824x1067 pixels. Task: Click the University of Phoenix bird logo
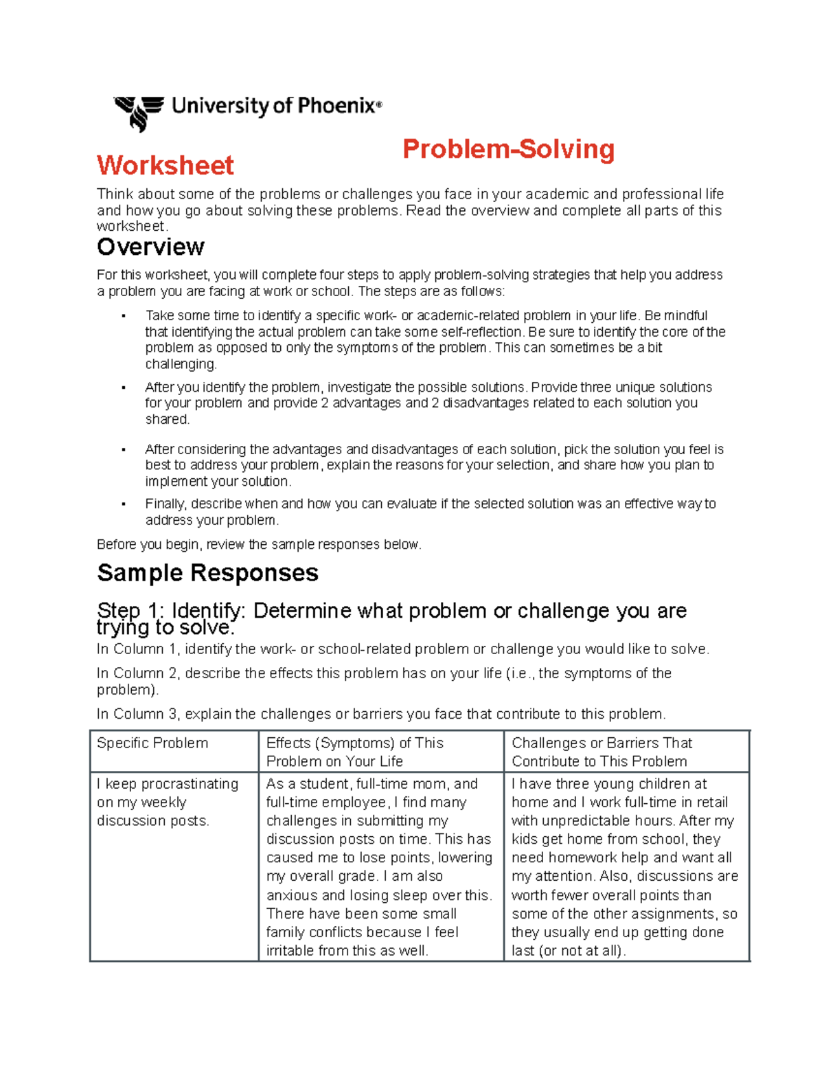(139, 112)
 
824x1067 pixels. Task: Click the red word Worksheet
(165, 166)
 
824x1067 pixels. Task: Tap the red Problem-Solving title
(508, 149)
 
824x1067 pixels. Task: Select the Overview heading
(150, 247)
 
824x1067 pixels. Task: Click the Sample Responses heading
(207, 572)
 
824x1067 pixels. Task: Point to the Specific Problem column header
(152, 743)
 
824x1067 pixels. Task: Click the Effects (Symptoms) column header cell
(355, 752)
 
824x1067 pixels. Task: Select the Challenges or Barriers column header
(602, 752)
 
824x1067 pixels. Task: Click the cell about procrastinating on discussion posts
(168, 802)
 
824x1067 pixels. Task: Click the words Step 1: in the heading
(130, 611)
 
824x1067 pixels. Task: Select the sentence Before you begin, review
(259, 545)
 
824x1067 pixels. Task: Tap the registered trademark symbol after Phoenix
(379, 104)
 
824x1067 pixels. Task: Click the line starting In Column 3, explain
(381, 714)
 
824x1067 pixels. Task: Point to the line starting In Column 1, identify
(402, 649)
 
